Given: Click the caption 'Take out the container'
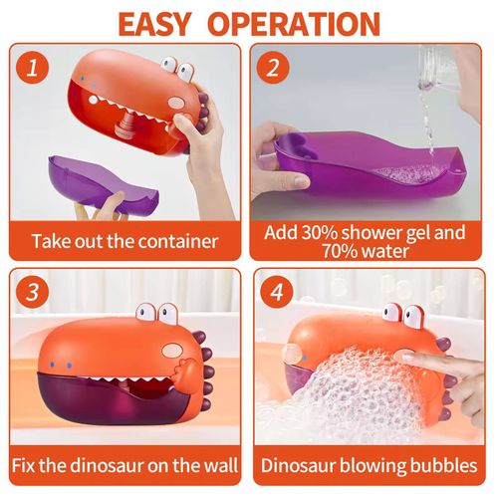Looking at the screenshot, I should (x=124, y=241).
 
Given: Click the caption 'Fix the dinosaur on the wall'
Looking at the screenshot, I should (x=124, y=465).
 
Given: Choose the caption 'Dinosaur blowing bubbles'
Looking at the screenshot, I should (x=371, y=465).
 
